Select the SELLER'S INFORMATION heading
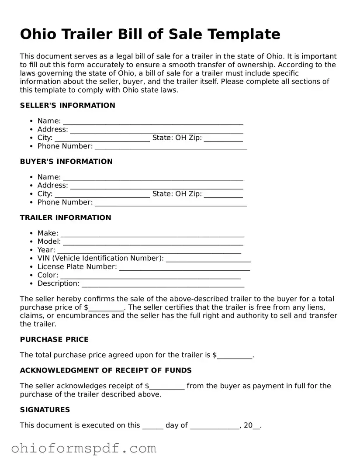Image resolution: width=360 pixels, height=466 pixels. pyautogui.click(x=68, y=105)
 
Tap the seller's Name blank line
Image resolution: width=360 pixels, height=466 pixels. pyautogui.click(x=153, y=121)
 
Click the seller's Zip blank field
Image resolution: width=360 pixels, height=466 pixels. pyautogui.click(x=223, y=138)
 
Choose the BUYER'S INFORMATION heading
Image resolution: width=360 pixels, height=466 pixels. pyautogui.click(x=66, y=162)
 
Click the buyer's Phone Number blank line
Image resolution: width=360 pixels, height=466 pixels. pyautogui.click(x=170, y=203)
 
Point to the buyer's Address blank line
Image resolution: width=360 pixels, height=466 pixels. pyautogui.click(x=156, y=186)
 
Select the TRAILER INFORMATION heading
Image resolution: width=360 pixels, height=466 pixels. pyautogui.click(x=66, y=217)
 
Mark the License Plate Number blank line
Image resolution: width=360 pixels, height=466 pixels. pyautogui.click(x=184, y=267)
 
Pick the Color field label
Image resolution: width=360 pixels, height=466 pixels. pyautogui.click(x=48, y=275)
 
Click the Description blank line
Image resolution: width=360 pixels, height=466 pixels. pyautogui.click(x=163, y=284)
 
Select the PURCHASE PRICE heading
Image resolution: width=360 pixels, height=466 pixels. pyautogui.click(x=54, y=339)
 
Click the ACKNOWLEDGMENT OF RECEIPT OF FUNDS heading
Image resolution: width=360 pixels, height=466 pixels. pyautogui.click(x=106, y=370)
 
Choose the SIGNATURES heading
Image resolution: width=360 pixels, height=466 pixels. pyautogui.click(x=45, y=410)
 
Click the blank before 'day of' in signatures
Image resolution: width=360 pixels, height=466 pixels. pyautogui.click(x=153, y=426)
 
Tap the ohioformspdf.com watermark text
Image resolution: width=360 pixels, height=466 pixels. pyautogui.click(x=83, y=448)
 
